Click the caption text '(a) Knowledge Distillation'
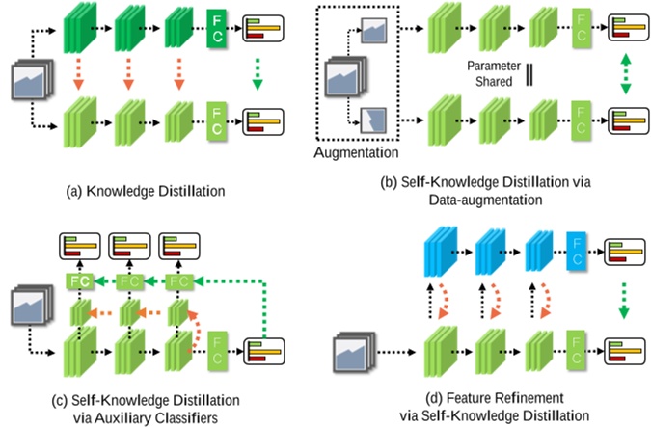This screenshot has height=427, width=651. tap(145, 191)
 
